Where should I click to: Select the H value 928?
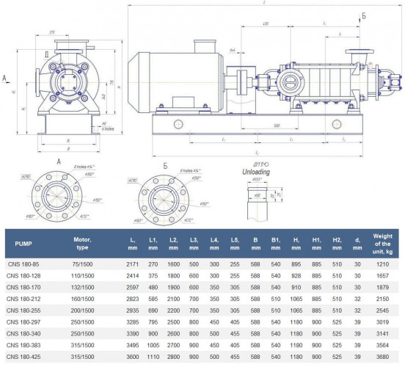[296, 276]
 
